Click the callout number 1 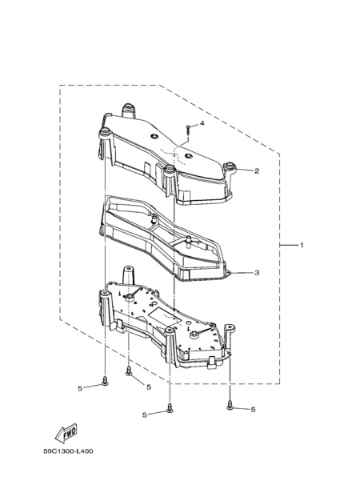point(302,245)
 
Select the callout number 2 point(257,170)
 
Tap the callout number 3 point(257,272)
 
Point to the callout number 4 point(202,123)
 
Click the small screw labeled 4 point(188,130)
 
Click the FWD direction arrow point(66,433)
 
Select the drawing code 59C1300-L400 point(68,451)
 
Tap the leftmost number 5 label point(80,388)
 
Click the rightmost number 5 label point(253,410)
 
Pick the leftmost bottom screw point(105,381)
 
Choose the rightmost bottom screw point(230,405)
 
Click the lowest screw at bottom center point(170,408)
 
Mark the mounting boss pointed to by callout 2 point(230,166)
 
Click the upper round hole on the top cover point(154,136)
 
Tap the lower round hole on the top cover point(188,155)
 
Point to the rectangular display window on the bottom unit point(161,316)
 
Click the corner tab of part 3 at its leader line point(227,273)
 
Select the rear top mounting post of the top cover point(129,110)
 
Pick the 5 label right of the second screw point(149,387)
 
